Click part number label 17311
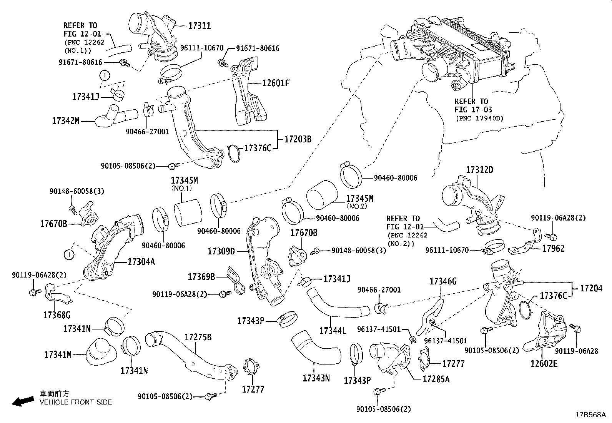click(x=199, y=26)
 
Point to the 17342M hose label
click(x=65, y=121)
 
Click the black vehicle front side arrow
click(x=23, y=402)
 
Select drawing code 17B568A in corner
click(x=590, y=415)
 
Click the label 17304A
click(x=141, y=262)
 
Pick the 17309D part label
click(x=221, y=251)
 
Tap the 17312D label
click(x=479, y=170)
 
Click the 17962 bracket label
click(x=553, y=249)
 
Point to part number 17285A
click(x=436, y=379)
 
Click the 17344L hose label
click(x=333, y=331)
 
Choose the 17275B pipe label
click(x=198, y=338)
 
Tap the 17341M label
click(x=58, y=354)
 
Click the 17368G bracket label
click(x=57, y=315)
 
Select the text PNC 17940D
click(x=479, y=118)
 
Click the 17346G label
click(x=443, y=281)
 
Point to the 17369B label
click(x=201, y=276)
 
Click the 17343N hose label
click(x=316, y=378)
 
